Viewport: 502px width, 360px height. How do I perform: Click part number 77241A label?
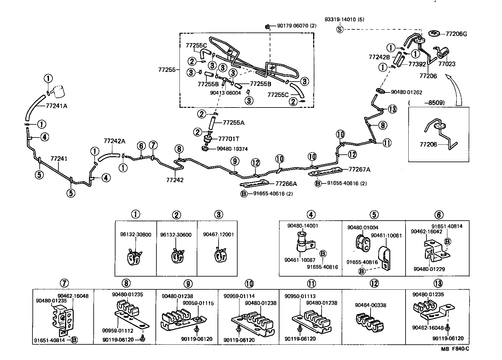point(57,106)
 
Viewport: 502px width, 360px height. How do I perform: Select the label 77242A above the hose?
point(114,141)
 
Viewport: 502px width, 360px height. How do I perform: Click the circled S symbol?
point(340,29)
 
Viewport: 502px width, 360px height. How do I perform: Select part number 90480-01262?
point(406,92)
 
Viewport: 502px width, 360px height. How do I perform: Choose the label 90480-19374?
point(232,149)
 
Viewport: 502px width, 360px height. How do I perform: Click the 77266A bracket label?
point(286,184)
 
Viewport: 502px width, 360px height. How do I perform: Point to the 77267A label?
point(359,169)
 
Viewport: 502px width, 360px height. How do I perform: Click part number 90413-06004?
point(225,93)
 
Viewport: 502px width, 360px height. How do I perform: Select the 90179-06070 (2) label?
point(297,26)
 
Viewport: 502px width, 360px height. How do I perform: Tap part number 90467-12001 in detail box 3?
point(218,234)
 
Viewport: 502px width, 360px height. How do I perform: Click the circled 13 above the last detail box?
point(438,283)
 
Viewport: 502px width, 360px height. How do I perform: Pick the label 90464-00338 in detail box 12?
point(370,305)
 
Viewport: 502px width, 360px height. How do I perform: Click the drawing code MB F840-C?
point(455,349)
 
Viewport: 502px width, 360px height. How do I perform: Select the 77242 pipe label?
point(175,180)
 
